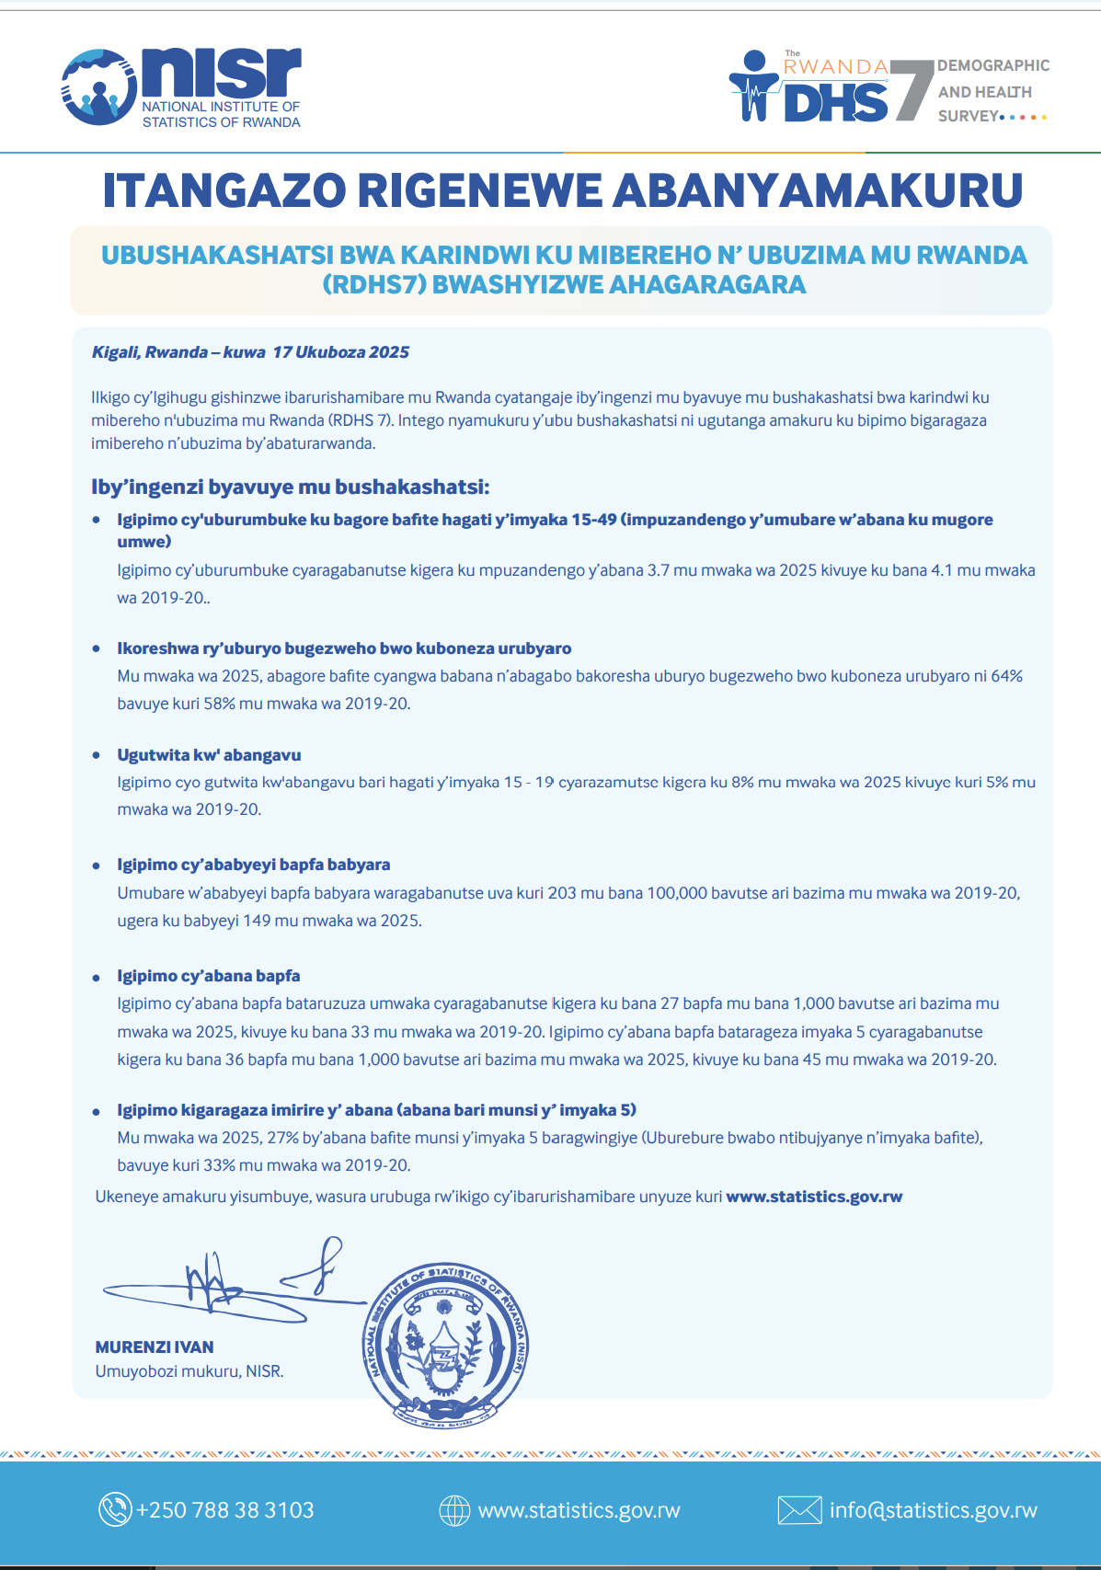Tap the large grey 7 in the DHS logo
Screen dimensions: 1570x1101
point(911,88)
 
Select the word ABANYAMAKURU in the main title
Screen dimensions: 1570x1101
point(818,190)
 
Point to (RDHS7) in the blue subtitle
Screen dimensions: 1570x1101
point(373,284)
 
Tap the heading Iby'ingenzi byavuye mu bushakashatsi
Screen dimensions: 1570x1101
point(290,487)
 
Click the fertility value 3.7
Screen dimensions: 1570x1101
point(658,570)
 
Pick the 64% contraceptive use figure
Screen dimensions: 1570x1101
point(1006,676)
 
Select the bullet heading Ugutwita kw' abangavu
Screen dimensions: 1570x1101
point(209,755)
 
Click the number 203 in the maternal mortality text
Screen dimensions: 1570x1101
point(561,893)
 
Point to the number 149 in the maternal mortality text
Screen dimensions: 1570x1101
point(257,921)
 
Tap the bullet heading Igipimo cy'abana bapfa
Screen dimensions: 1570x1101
point(208,976)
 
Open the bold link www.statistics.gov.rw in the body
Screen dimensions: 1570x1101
point(814,1197)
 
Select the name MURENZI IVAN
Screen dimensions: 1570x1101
point(155,1347)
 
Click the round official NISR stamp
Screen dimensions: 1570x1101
point(445,1345)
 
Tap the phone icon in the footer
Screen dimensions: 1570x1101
point(115,1510)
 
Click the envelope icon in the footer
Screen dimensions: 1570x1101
point(798,1510)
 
